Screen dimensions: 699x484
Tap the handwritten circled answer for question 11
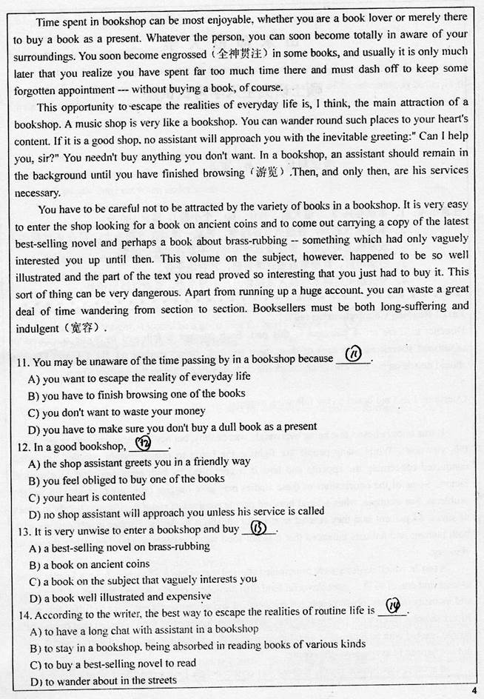[x=353, y=356]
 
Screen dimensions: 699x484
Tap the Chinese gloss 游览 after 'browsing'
[x=266, y=173]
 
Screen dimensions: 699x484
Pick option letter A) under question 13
[x=33, y=547]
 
